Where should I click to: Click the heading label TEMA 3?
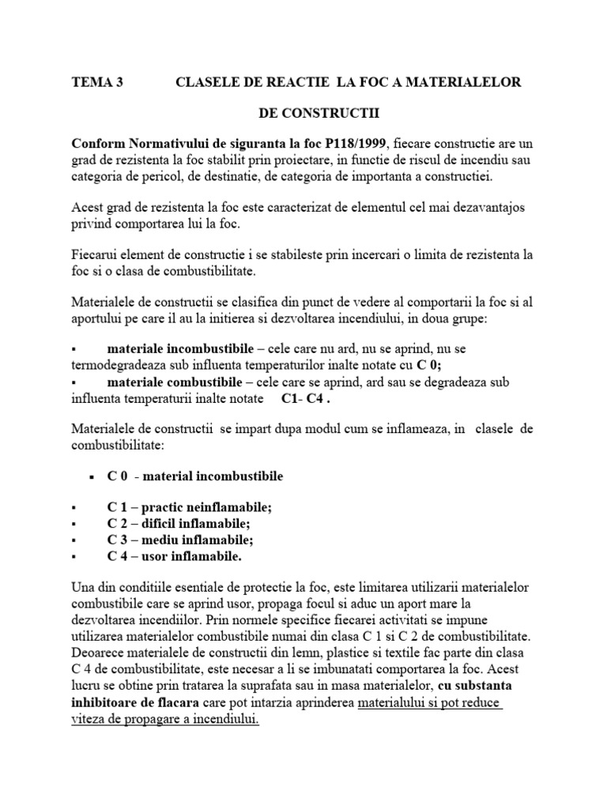(x=97, y=82)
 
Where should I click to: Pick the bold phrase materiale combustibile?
(x=172, y=382)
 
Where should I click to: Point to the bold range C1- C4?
(x=305, y=398)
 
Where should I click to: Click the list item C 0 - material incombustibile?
(x=195, y=476)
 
